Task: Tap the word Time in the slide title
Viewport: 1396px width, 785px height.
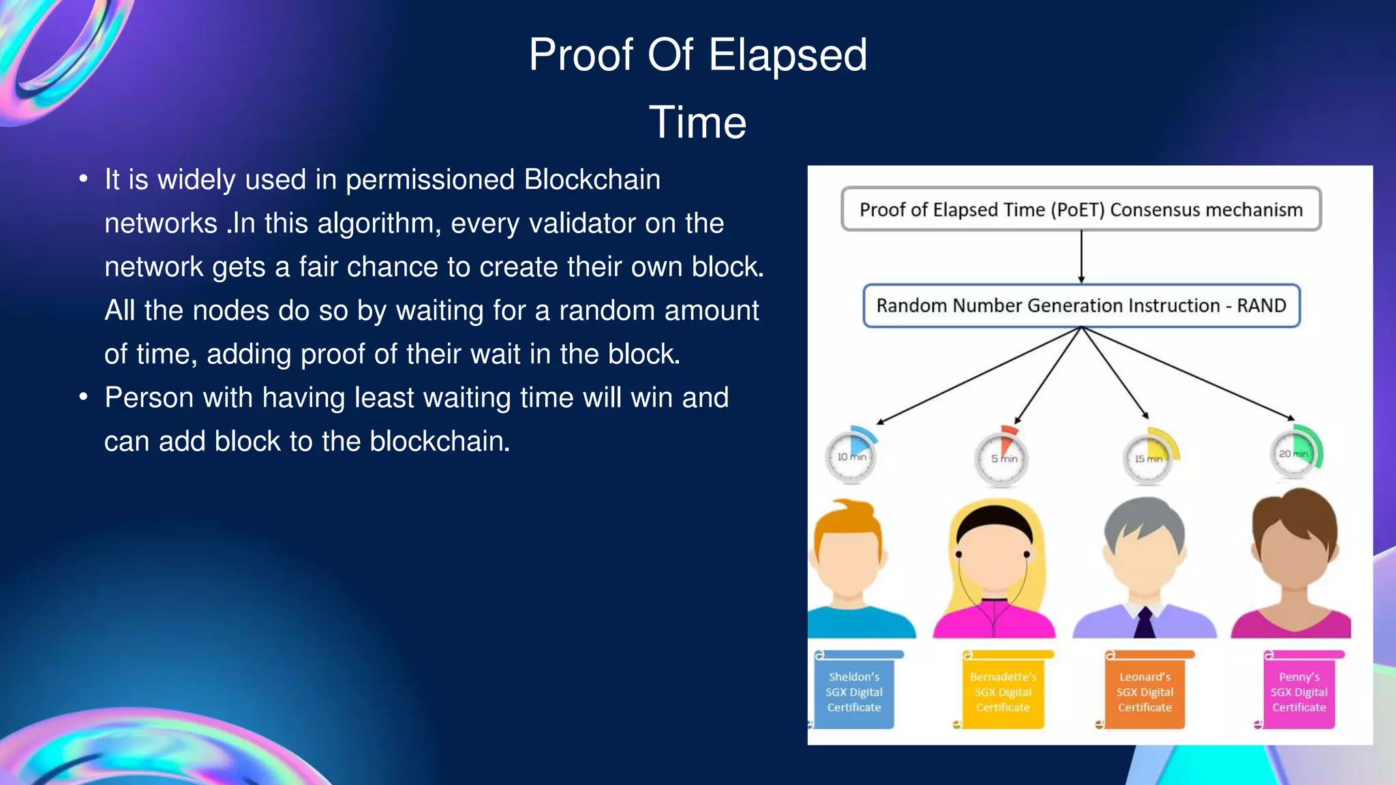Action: click(697, 123)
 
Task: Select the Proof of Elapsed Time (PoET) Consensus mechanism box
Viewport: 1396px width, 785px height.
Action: click(1081, 209)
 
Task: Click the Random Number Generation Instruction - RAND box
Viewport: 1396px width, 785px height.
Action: click(1081, 305)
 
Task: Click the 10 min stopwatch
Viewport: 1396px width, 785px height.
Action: click(851, 456)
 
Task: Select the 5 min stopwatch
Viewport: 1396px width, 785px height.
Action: click(1001, 458)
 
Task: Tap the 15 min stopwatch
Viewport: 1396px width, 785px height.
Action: click(1149, 458)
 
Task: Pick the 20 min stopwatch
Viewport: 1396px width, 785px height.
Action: click(1294, 453)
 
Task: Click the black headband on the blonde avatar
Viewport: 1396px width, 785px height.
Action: click(994, 518)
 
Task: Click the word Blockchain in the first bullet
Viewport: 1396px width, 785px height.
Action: click(592, 180)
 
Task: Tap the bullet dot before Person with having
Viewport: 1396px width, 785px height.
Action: click(83, 397)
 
